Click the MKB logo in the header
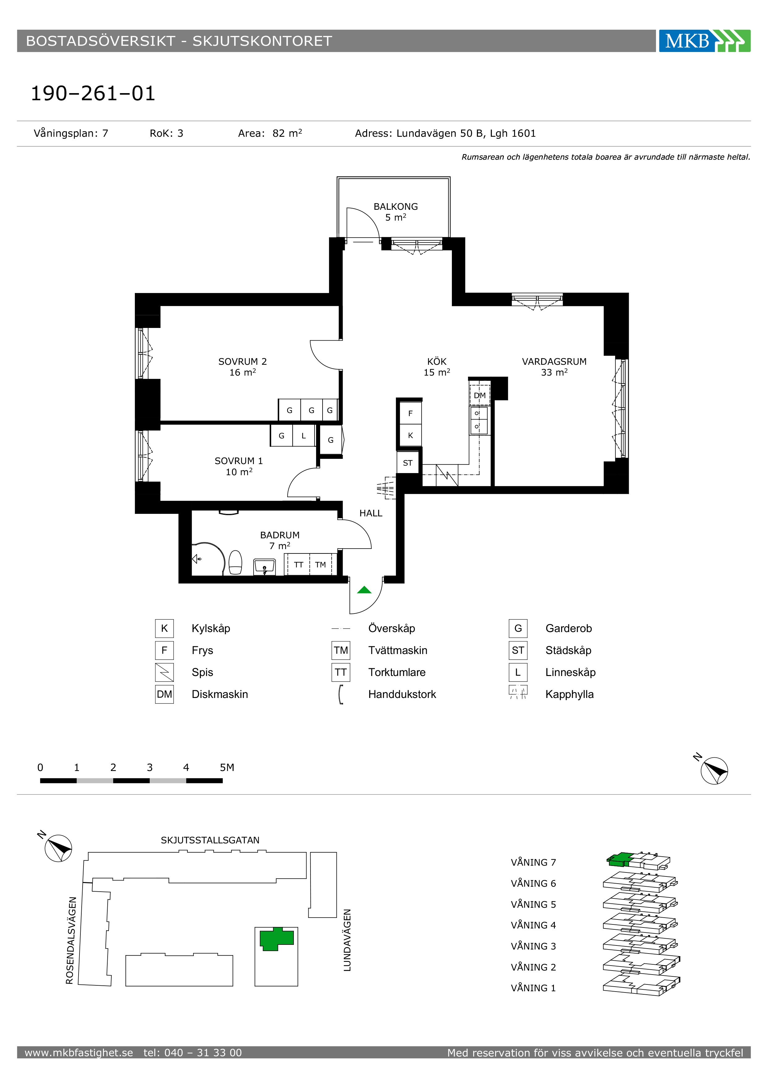pos(704,41)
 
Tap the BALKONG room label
pos(396,206)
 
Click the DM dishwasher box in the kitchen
pos(479,395)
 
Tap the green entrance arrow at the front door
pos(364,590)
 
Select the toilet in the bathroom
pos(235,562)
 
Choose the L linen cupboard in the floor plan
pos(304,436)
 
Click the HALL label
pos(371,513)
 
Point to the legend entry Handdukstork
pos(402,694)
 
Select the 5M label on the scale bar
pos(227,768)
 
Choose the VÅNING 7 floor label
pos(533,863)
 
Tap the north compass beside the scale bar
pos(713,770)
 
